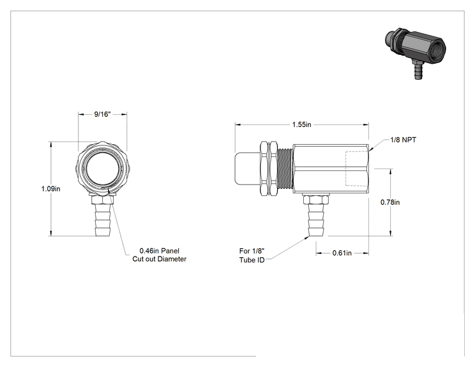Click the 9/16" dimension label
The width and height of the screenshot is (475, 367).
point(102,114)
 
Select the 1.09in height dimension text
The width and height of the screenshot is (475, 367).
point(50,189)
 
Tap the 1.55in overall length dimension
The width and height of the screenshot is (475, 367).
point(301,124)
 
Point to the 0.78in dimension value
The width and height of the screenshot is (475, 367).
point(390,202)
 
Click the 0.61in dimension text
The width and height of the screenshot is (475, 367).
point(342,253)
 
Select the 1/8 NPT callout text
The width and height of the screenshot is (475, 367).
point(403,140)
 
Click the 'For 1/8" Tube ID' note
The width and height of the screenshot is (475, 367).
point(252,255)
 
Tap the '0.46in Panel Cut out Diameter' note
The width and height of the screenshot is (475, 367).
point(160,255)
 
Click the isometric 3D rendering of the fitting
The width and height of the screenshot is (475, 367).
point(414,53)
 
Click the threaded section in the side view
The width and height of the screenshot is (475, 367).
point(285,169)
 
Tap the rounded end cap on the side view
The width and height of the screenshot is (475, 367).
point(247,169)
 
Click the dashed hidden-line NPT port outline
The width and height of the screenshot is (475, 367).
point(357,169)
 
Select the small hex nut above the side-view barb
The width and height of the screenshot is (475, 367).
point(315,200)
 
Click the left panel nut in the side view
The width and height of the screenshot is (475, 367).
point(264,169)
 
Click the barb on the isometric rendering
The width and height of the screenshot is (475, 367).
point(418,70)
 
